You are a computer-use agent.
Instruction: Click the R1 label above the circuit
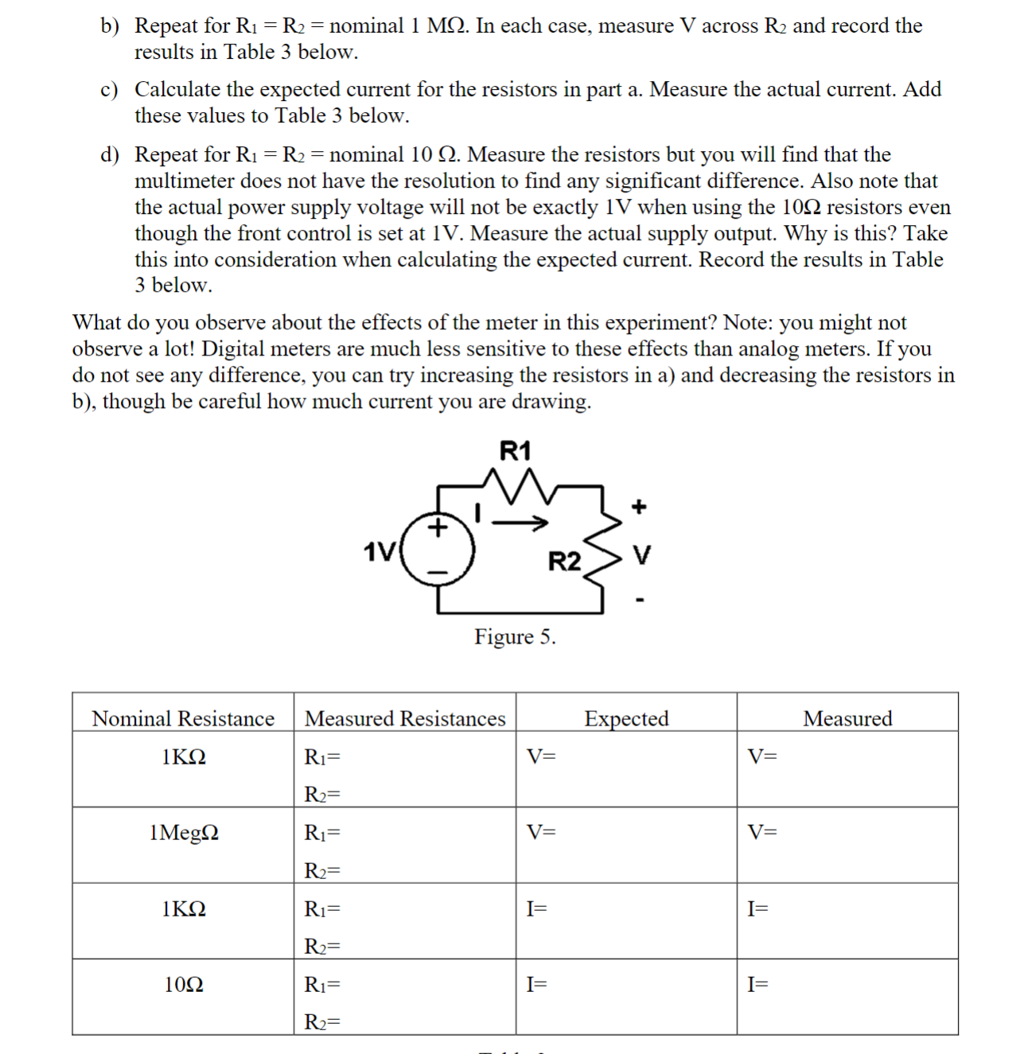pyautogui.click(x=515, y=451)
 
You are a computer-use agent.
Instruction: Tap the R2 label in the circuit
pyautogui.click(x=564, y=562)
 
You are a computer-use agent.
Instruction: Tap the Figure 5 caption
pyautogui.click(x=515, y=636)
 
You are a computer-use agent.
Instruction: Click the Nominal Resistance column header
pyautogui.click(x=183, y=718)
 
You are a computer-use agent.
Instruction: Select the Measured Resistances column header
pyautogui.click(x=405, y=718)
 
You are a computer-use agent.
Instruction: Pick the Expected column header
pyautogui.click(x=626, y=718)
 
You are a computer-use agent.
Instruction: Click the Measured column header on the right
pyautogui.click(x=847, y=718)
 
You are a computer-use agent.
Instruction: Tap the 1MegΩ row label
pyautogui.click(x=184, y=832)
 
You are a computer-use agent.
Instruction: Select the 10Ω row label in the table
pyautogui.click(x=184, y=984)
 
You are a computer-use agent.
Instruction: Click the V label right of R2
pyautogui.click(x=641, y=555)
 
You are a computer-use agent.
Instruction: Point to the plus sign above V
pyautogui.click(x=639, y=507)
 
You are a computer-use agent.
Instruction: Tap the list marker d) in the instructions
pyautogui.click(x=109, y=154)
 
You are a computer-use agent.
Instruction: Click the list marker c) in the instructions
pyautogui.click(x=109, y=90)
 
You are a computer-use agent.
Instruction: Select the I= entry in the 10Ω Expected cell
pyautogui.click(x=537, y=984)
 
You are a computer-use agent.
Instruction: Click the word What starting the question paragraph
pyautogui.click(x=96, y=322)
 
